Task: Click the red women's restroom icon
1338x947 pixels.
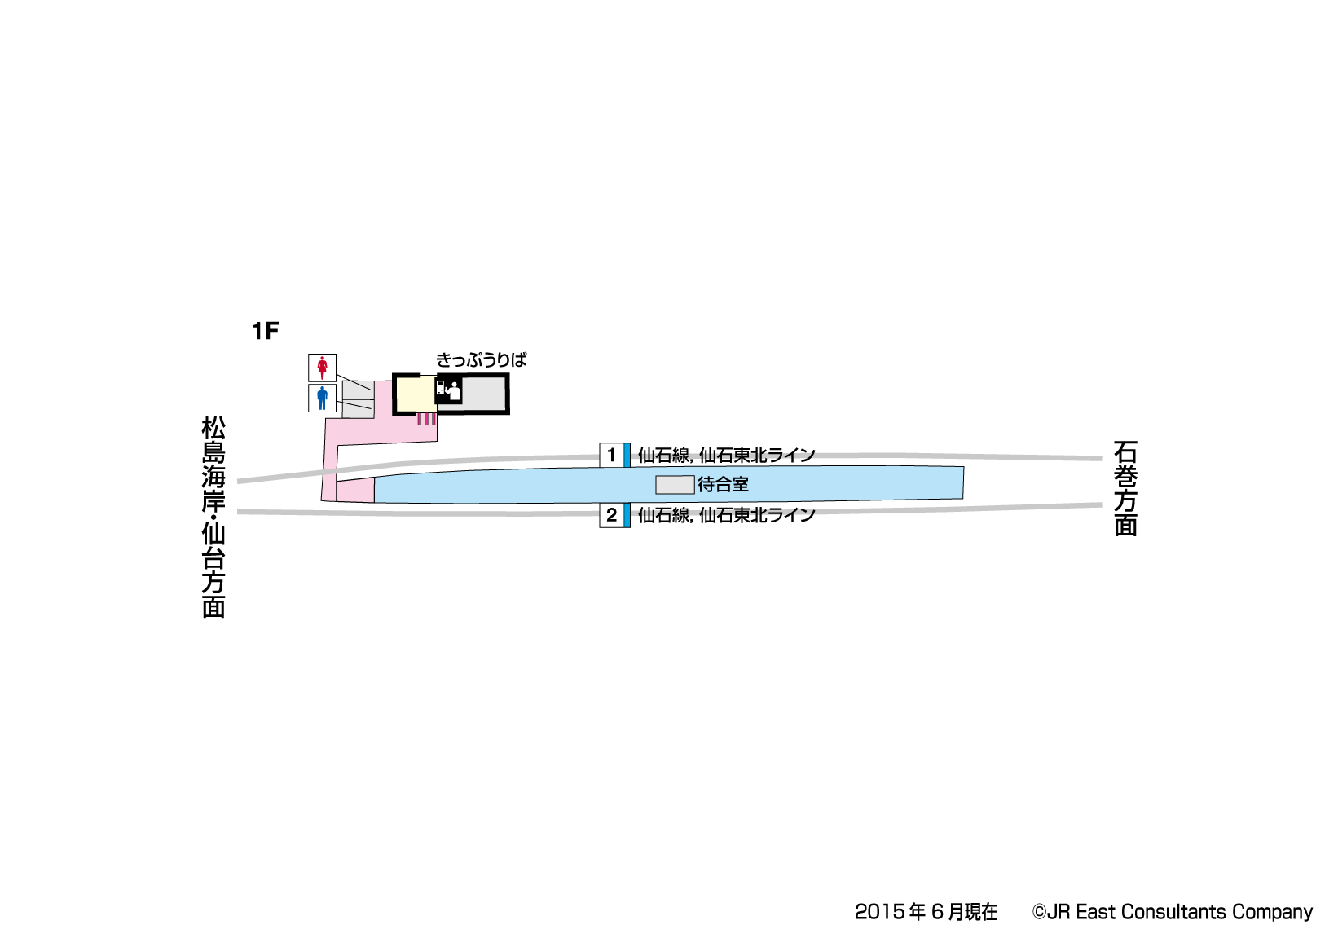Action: pyautogui.click(x=322, y=368)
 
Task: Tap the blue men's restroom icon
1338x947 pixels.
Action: pyautogui.click(x=322, y=398)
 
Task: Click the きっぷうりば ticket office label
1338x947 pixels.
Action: pyautogui.click(x=481, y=359)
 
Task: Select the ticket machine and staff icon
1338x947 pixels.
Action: pyautogui.click(x=448, y=390)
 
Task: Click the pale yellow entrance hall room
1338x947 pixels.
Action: pyautogui.click(x=416, y=394)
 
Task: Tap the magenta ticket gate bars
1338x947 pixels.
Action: pyautogui.click(x=426, y=419)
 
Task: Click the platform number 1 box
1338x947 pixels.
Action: pyautogui.click(x=612, y=455)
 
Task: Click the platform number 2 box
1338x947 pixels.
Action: pyautogui.click(x=612, y=515)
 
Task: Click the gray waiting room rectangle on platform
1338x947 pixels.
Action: pyautogui.click(x=675, y=485)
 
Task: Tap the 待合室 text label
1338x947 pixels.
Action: pyautogui.click(x=723, y=485)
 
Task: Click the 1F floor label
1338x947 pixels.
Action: pyautogui.click(x=265, y=330)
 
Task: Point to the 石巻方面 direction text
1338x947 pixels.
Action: pyautogui.click(x=1125, y=488)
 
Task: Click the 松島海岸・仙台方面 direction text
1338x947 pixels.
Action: pyautogui.click(x=213, y=517)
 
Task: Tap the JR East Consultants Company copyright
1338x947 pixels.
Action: pyautogui.click(x=1173, y=912)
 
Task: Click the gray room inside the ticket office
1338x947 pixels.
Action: pyautogui.click(x=484, y=394)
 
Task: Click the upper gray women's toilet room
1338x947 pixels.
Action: pyautogui.click(x=358, y=390)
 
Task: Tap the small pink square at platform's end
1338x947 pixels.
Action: pyautogui.click(x=355, y=491)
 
